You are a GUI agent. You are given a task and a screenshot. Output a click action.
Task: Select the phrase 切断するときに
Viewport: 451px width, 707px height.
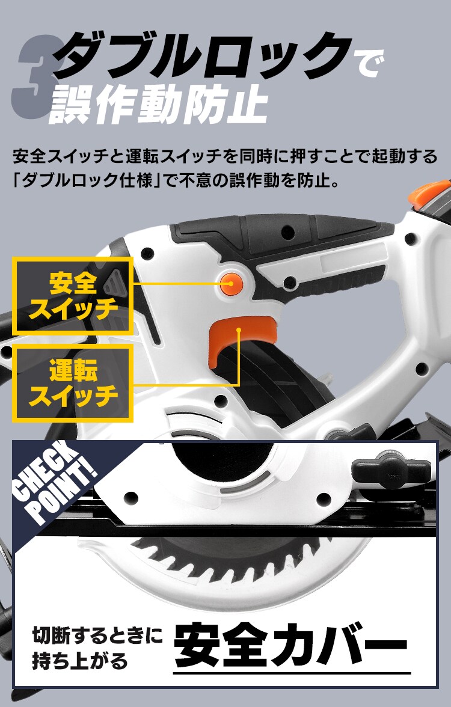pyautogui.click(x=97, y=634)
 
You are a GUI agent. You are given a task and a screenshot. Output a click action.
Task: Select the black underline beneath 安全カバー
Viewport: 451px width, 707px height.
pyautogui.click(x=292, y=673)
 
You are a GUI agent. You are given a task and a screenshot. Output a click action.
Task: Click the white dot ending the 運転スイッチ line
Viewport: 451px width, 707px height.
pyautogui.click(x=239, y=330)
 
